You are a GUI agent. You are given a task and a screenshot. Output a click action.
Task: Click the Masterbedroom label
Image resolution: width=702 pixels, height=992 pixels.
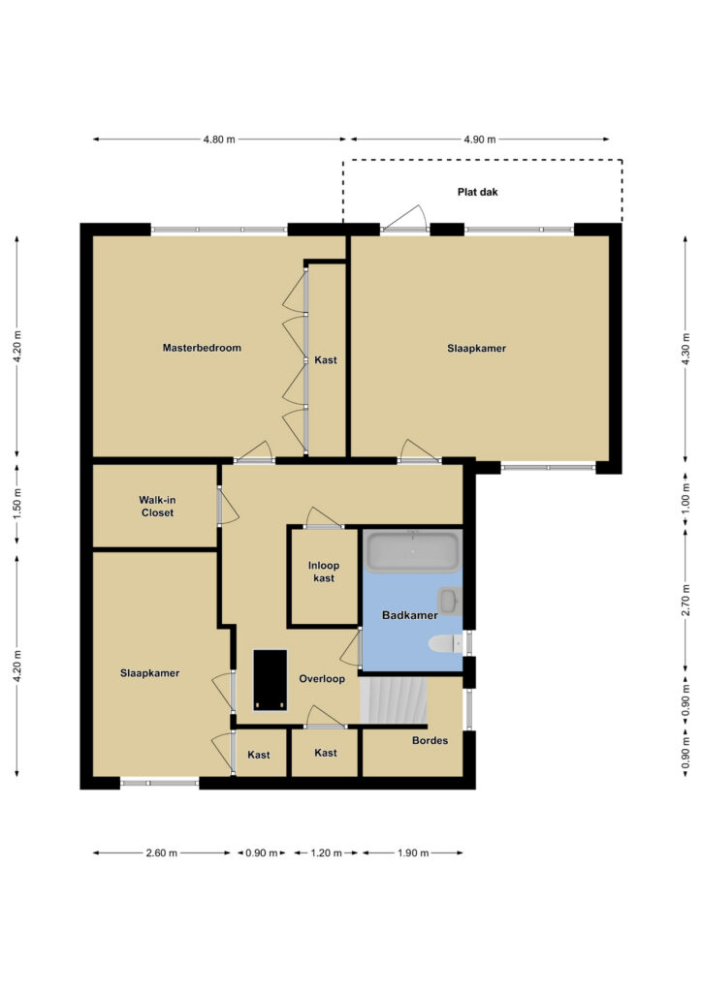[x=202, y=348]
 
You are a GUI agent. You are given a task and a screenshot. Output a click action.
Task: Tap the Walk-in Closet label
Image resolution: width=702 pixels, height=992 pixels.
[x=157, y=506]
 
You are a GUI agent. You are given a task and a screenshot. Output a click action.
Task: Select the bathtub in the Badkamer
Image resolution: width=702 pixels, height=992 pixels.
[x=413, y=551]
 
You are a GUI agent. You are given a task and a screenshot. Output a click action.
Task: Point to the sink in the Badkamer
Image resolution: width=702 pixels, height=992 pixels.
[x=449, y=601]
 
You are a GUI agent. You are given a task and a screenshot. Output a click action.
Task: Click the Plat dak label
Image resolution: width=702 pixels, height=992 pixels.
[x=477, y=192]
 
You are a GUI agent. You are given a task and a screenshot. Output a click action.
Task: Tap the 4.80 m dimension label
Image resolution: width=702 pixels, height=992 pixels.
[x=219, y=139]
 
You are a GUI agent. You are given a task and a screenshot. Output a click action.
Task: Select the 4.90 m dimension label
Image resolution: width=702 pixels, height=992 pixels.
[x=479, y=139]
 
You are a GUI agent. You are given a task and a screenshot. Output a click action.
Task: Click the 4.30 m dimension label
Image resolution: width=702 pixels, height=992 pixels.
[x=685, y=349]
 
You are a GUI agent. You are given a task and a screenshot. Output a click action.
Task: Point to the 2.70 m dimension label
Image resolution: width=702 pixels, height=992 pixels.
[x=685, y=601]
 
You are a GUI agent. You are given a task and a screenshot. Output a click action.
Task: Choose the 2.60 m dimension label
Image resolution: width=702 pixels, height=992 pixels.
[x=161, y=852]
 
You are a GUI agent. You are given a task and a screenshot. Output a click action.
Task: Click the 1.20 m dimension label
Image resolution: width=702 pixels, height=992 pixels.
[x=326, y=852]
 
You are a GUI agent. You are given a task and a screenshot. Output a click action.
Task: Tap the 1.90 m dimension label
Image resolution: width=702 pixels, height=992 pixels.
[x=413, y=852]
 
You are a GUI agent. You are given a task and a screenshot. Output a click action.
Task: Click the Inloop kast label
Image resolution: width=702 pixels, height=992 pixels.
[x=324, y=572]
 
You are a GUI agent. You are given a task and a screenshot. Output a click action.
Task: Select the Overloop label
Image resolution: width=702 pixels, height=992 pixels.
[x=322, y=679]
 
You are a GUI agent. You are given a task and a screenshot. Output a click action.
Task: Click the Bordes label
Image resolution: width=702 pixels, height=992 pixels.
[x=430, y=740]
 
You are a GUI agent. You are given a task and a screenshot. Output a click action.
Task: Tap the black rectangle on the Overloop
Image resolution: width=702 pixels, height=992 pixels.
[x=271, y=680]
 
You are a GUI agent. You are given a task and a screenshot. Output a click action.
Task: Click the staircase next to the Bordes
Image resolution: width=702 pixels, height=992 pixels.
[x=394, y=699]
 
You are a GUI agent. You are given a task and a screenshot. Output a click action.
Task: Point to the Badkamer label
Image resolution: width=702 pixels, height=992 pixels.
[x=409, y=615]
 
